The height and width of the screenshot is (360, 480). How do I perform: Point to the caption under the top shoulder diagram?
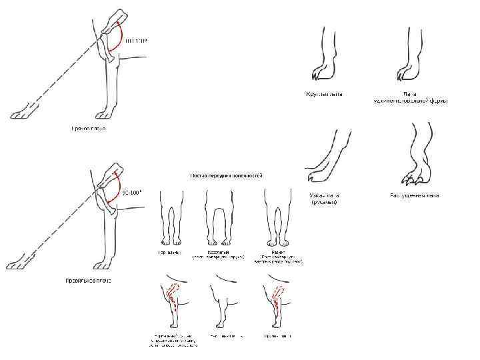[x=89, y=127]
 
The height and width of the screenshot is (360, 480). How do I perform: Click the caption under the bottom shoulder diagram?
[x=89, y=281]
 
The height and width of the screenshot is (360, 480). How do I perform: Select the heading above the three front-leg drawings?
[x=227, y=176]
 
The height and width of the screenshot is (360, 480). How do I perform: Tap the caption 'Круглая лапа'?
[x=324, y=94]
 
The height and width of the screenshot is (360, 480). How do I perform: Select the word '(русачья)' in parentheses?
[x=324, y=202]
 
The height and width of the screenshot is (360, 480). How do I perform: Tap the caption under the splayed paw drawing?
[x=414, y=196]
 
